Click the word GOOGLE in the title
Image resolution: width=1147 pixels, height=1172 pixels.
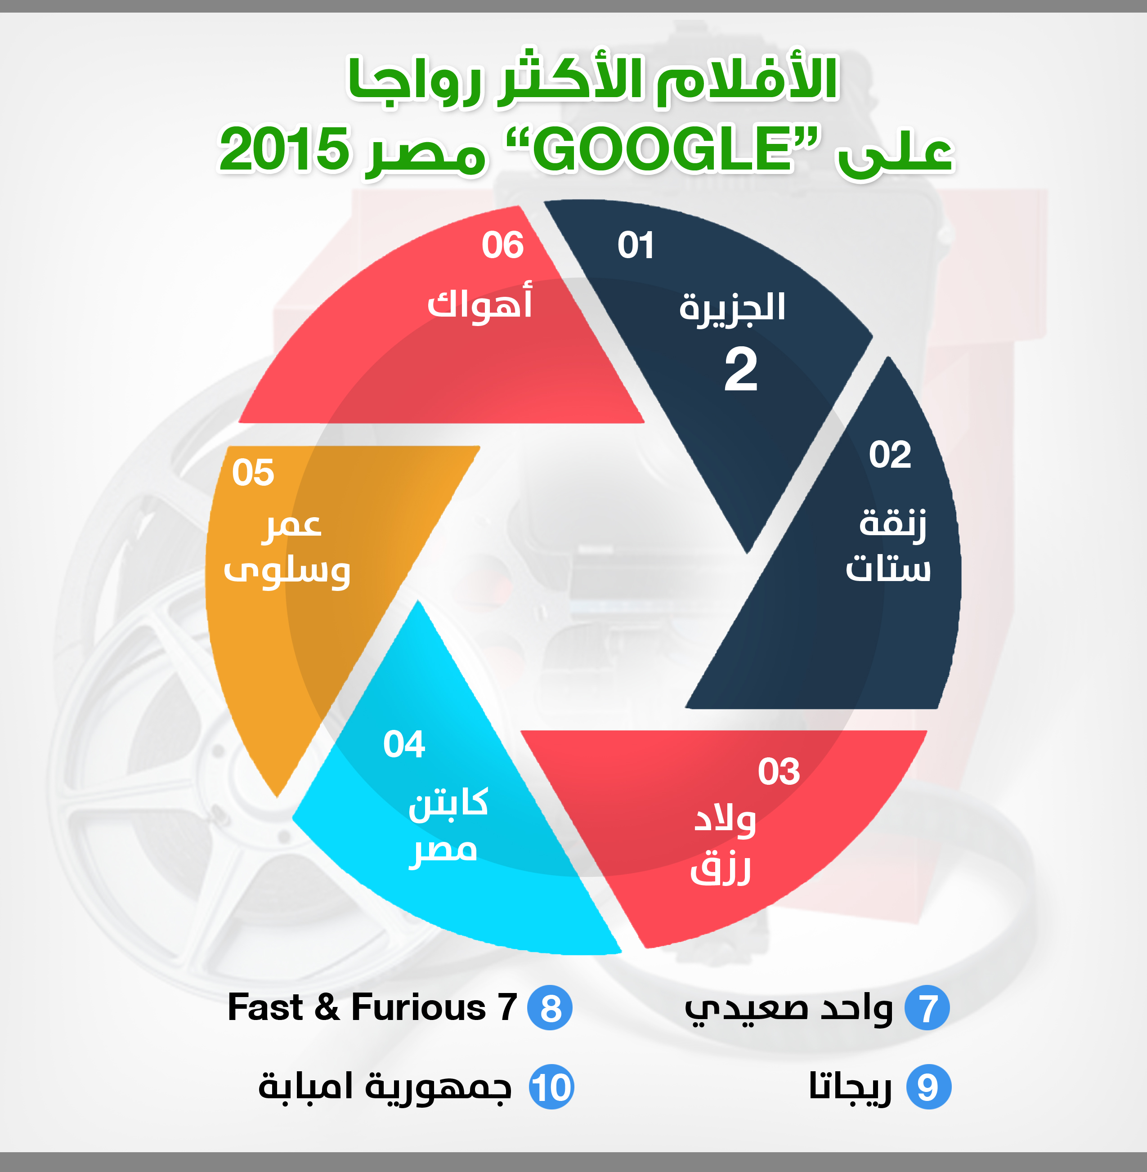click(663, 149)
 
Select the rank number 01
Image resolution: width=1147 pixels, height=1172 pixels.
click(636, 245)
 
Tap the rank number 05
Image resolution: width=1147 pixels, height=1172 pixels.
click(253, 472)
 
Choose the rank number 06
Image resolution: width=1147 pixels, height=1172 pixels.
click(502, 245)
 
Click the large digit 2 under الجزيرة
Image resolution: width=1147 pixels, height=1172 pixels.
click(740, 369)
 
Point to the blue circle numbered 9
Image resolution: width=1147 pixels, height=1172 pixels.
click(928, 1087)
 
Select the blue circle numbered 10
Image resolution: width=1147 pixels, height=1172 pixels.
click(551, 1087)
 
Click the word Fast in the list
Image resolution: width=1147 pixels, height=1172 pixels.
click(265, 1007)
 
